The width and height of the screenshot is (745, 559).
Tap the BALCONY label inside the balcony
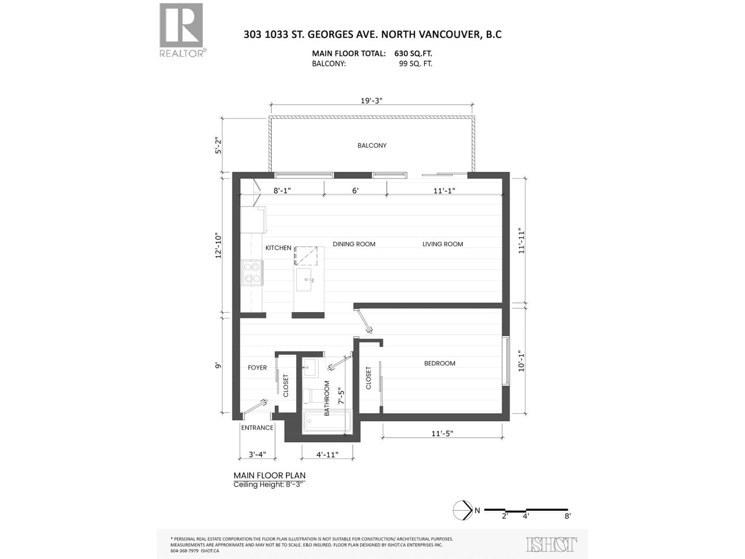coord(372,146)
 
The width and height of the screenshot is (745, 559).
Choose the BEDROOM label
coord(439,363)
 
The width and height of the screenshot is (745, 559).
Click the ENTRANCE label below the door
coord(257,428)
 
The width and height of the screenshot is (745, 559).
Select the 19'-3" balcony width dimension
coord(372,101)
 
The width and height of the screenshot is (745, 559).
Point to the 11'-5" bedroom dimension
coord(442,433)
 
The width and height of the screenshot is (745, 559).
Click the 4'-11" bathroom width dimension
coord(327,455)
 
